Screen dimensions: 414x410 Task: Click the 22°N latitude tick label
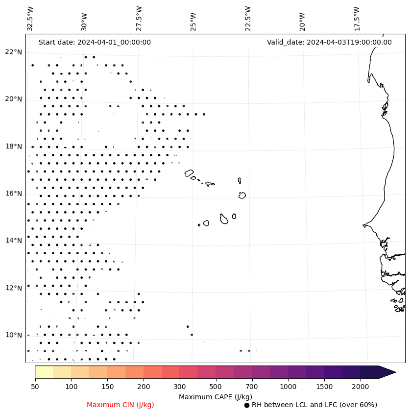coord(14,52)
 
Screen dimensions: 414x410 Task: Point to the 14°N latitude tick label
coord(14,241)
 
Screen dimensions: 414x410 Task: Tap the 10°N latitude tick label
coord(14,335)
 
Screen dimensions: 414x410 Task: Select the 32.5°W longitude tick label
coord(30,19)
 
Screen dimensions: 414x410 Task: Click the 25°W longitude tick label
coord(193,21)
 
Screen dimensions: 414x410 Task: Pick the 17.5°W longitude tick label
coord(356,19)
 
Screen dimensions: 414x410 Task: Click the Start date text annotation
coord(95,42)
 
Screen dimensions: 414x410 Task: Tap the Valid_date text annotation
coord(329,42)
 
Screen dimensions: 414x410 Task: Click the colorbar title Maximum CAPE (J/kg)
coord(215,396)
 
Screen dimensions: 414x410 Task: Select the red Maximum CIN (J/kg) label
coord(121,405)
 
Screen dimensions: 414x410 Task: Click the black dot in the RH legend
coord(247,405)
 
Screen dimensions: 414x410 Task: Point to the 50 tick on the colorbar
coord(35,387)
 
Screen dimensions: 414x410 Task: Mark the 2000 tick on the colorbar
coord(361,387)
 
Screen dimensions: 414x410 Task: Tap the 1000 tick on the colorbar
coord(288,387)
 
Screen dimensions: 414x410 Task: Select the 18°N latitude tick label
coord(14,146)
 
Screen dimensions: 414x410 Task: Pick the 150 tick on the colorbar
coord(107,387)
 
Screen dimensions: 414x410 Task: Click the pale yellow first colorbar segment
coord(44,372)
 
